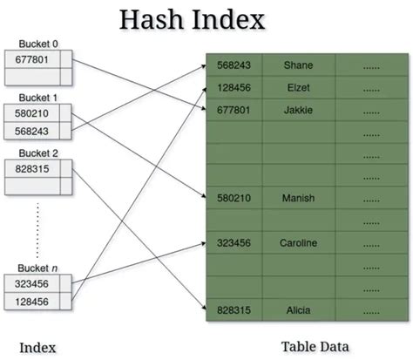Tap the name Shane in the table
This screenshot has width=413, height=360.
298,65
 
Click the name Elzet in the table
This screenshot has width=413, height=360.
298,87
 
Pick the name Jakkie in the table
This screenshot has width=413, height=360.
298,109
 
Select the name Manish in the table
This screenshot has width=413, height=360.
298,198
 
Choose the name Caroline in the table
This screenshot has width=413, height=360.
298,242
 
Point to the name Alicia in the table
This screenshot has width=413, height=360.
298,309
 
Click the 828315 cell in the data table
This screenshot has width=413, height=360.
234,309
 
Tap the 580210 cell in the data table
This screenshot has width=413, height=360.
234,198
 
